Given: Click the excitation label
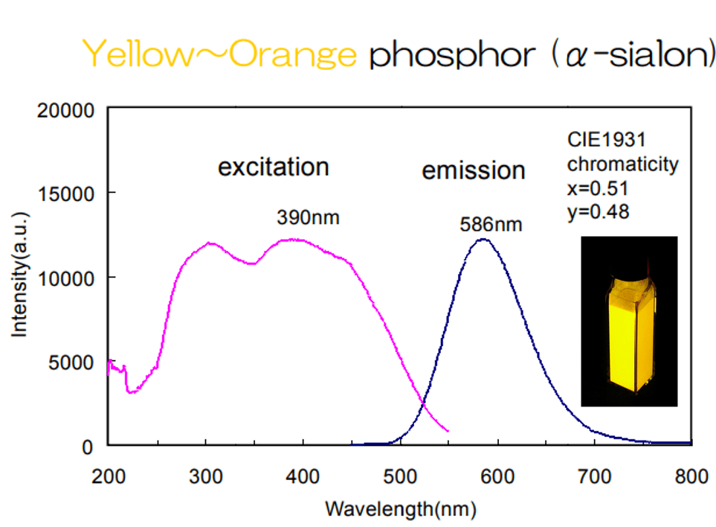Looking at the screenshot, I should [x=273, y=167].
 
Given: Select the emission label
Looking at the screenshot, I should [x=473, y=170].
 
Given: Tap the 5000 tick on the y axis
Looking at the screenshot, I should [x=72, y=362].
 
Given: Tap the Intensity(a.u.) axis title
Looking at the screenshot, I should [x=20, y=278].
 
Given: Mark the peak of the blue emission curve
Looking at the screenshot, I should [x=483, y=240].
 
